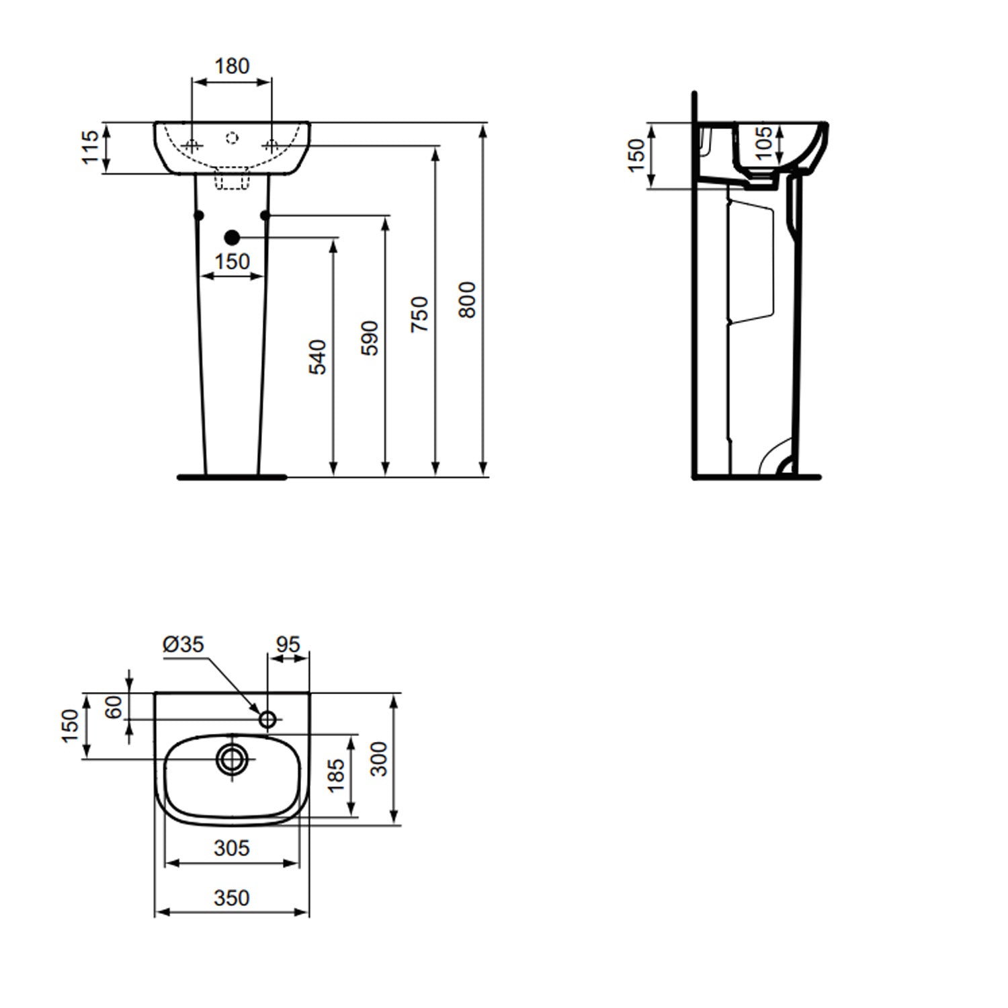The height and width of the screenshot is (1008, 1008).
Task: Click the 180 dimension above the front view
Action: pos(232,66)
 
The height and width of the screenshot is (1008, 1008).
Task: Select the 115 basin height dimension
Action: pos(89,148)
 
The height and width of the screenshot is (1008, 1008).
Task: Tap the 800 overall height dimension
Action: pos(467,300)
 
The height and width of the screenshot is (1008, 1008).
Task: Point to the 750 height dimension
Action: pos(419,314)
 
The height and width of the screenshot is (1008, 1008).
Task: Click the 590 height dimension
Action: pos(370,339)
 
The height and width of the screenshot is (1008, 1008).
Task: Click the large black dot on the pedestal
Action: pos(232,237)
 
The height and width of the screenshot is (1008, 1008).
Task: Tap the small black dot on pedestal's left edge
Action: pos(198,215)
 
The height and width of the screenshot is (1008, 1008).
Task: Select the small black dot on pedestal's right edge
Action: pos(265,215)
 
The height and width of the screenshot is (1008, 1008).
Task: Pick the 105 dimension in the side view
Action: pos(763,143)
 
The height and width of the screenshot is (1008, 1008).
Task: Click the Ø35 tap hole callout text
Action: pos(183,644)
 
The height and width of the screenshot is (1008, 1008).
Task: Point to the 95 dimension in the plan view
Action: pos(288,644)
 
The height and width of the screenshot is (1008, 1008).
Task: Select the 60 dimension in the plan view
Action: pos(114,706)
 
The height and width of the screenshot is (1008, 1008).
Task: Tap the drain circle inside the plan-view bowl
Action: pos(233,759)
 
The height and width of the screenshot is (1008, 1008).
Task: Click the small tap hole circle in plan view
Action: pos(267,720)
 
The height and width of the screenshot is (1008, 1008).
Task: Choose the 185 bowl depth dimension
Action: pos(336,775)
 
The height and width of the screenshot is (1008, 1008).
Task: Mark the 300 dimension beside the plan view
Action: pos(379,759)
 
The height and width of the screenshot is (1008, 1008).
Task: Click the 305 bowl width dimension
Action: pos(232,848)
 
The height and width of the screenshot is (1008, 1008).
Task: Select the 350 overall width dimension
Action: pos(232,898)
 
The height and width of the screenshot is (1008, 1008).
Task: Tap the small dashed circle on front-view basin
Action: pos(232,138)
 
